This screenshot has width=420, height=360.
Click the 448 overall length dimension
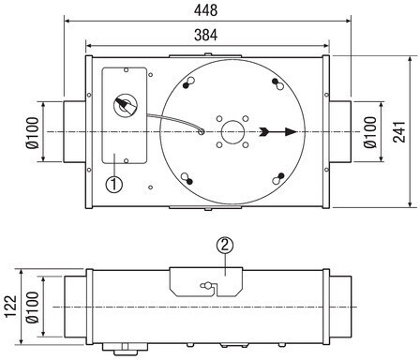point(205,10)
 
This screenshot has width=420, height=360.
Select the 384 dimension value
point(205,35)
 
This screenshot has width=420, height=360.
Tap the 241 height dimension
point(399,131)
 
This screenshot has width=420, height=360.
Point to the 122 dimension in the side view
point(11,307)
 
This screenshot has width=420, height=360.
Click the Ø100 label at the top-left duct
point(33,132)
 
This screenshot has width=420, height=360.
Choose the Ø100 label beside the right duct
point(370,132)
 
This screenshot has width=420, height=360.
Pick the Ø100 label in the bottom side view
point(33,307)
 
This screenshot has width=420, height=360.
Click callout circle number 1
point(114,184)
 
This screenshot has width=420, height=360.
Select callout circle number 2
point(225,246)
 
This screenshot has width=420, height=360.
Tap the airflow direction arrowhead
point(291,132)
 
